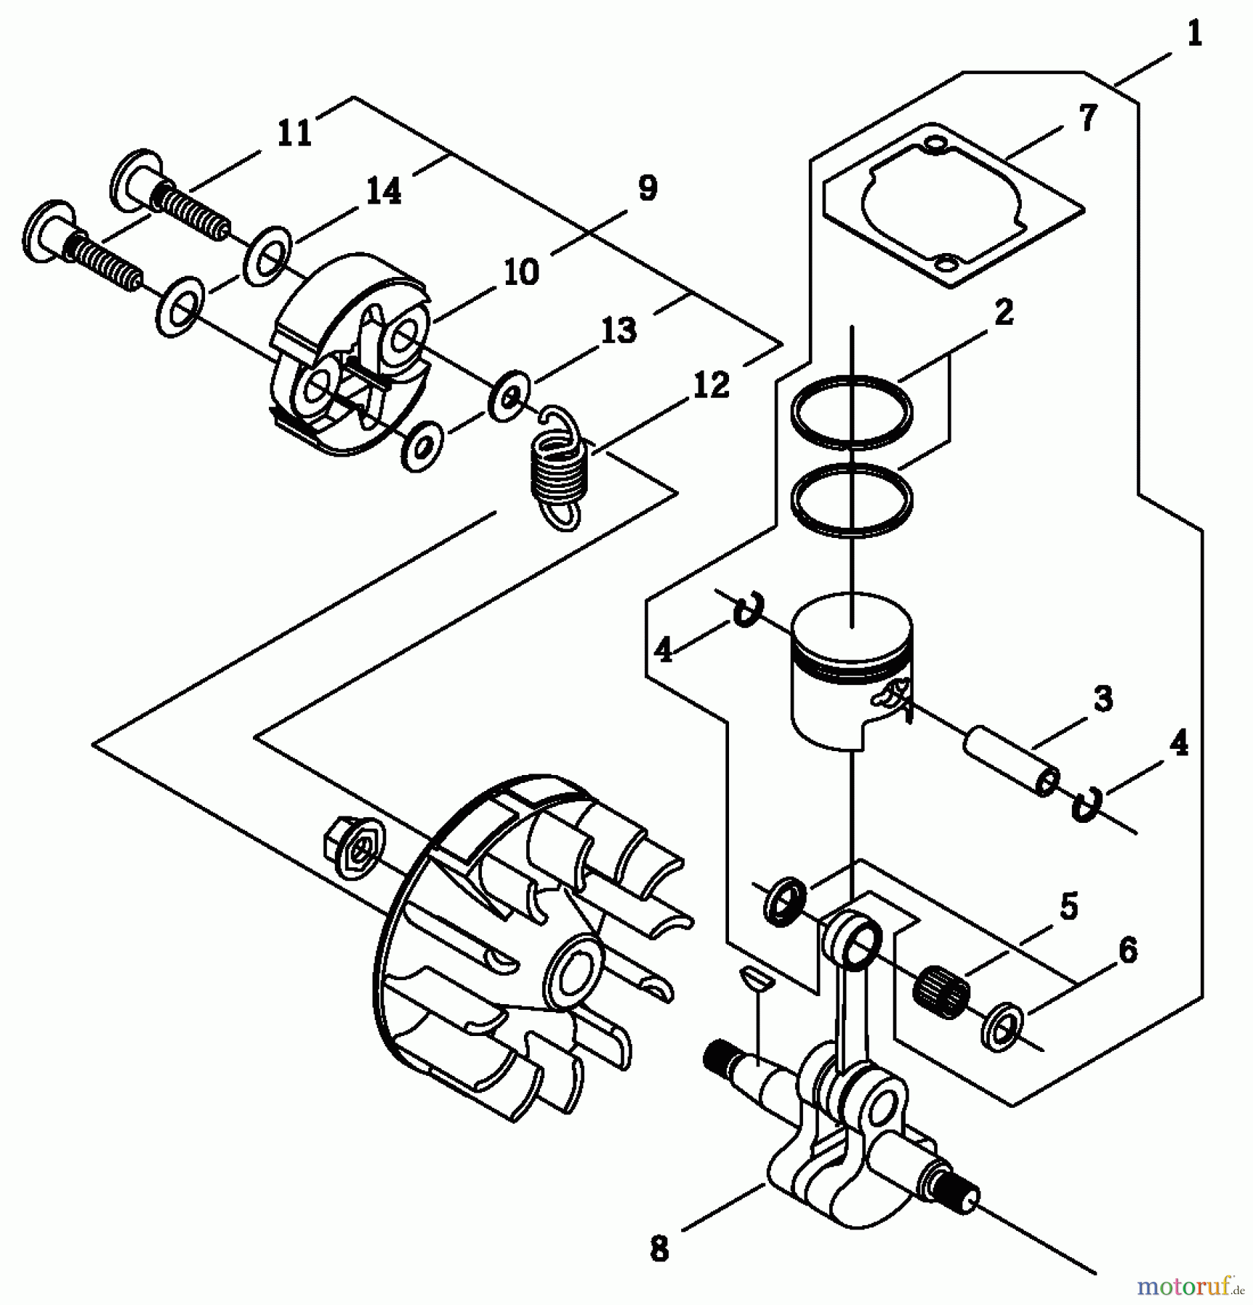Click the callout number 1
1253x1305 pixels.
1194,35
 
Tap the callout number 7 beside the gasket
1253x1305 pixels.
1088,118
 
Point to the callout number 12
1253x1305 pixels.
710,385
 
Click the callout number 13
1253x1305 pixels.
618,330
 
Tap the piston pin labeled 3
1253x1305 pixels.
1011,761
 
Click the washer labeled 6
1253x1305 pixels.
1002,1027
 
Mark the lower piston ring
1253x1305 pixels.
852,500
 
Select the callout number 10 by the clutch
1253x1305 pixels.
521,273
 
